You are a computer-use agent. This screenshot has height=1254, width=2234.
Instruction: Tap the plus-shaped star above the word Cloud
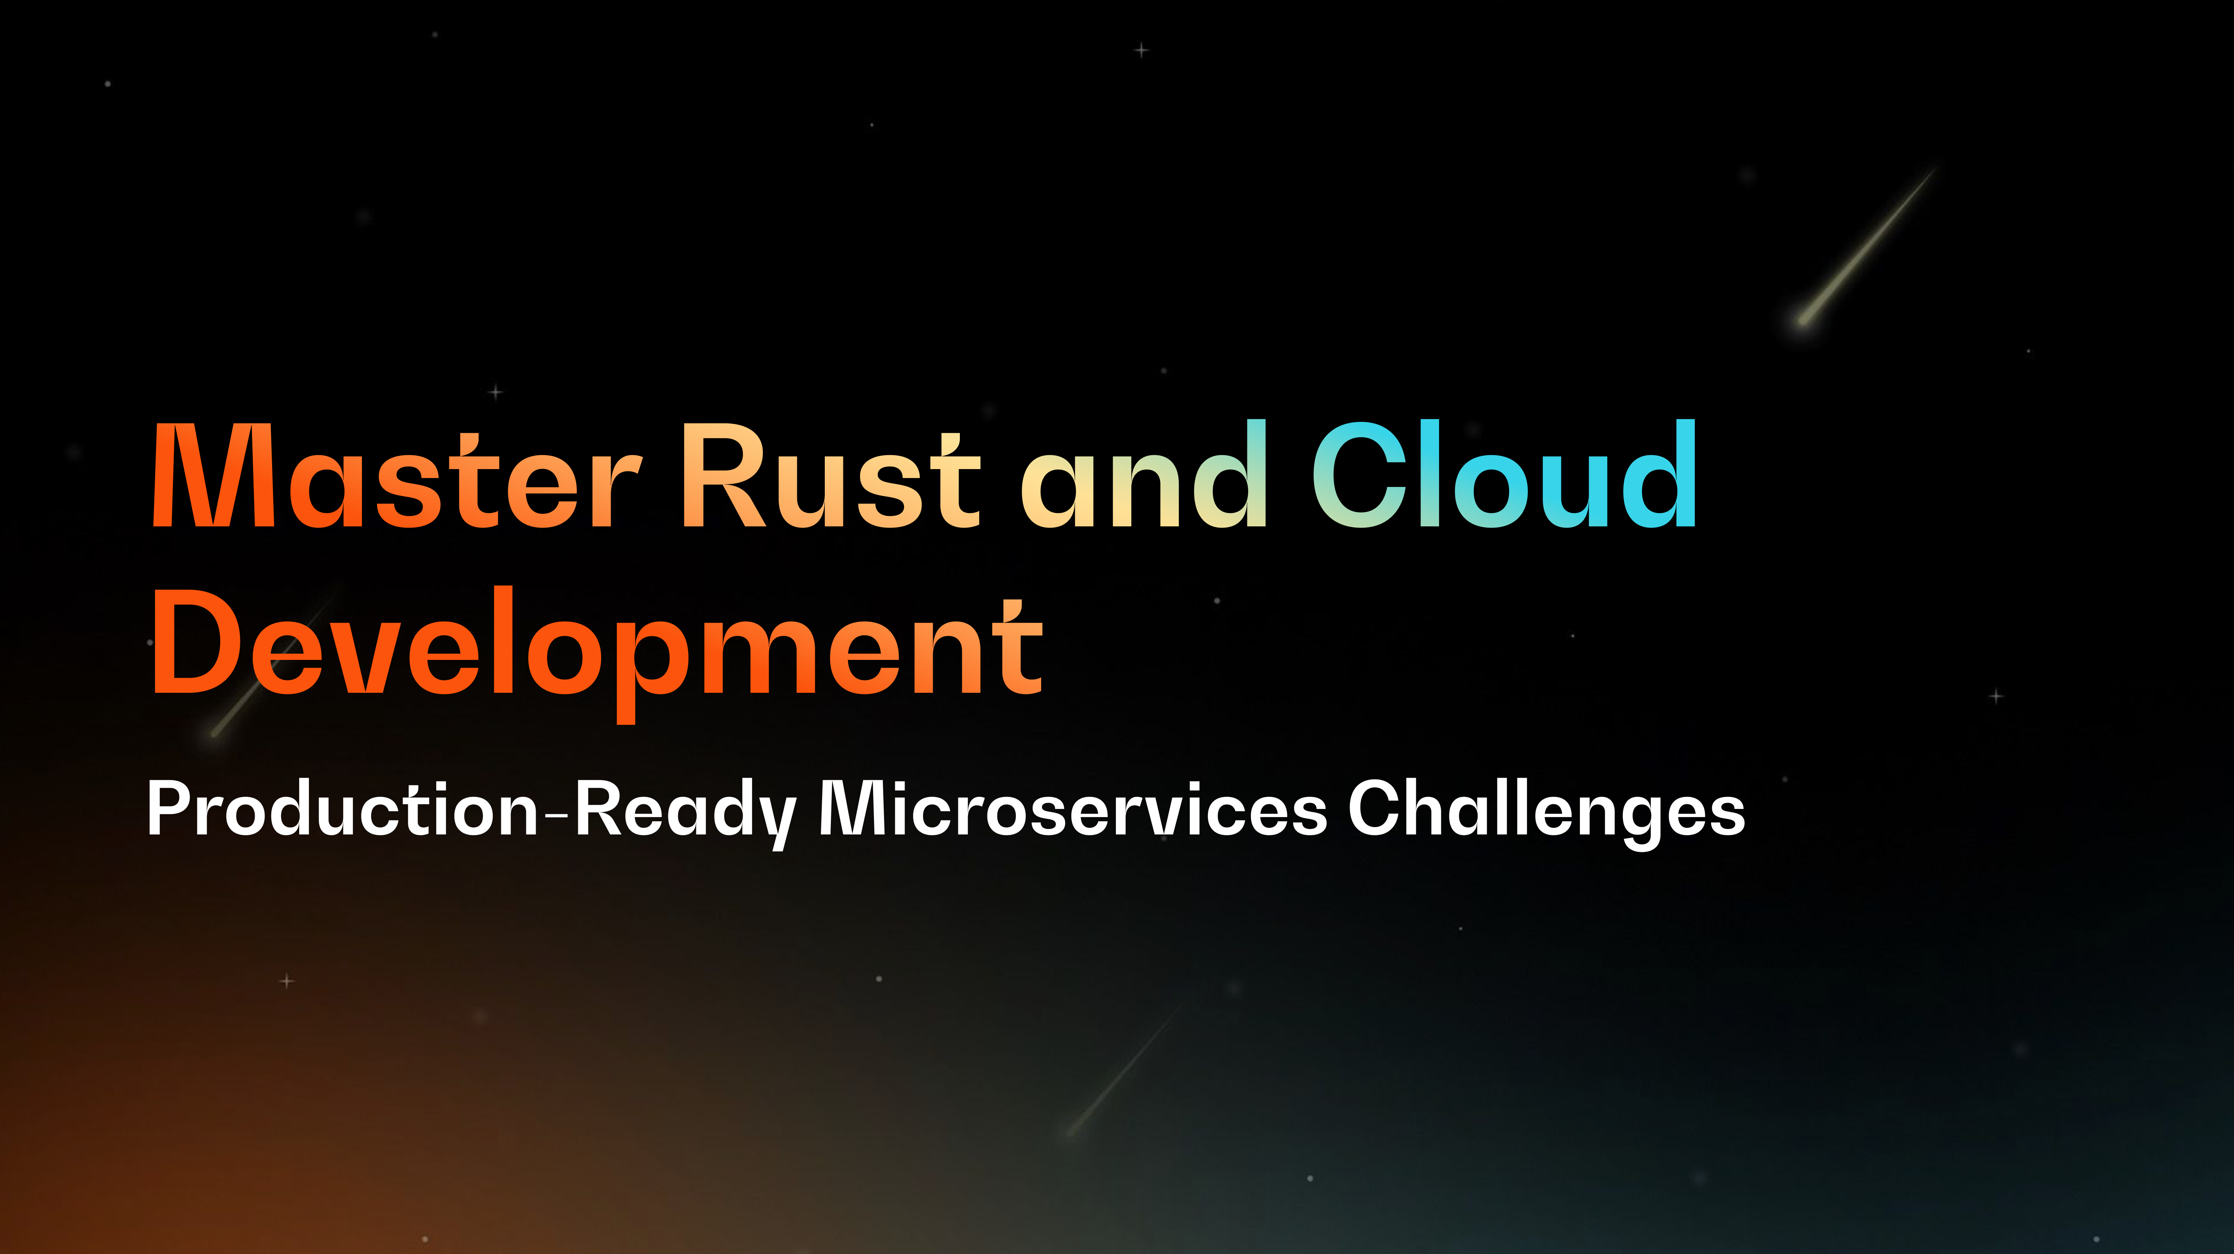[1141, 50]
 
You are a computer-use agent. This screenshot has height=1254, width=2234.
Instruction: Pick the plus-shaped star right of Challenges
[1996, 696]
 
